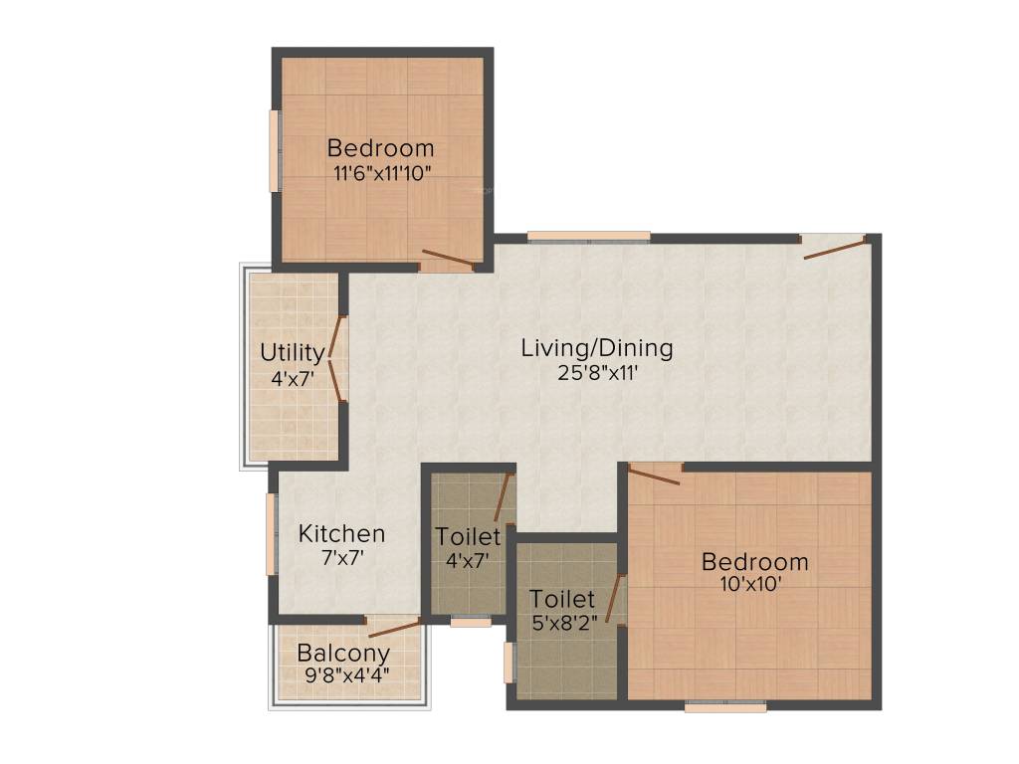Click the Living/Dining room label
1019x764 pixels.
coord(597,349)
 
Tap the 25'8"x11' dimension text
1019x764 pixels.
coord(597,374)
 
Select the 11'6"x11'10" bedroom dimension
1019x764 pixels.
coord(381,171)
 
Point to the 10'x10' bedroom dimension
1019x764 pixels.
coord(754,585)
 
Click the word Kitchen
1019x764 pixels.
coord(341,534)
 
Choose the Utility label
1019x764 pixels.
coord(292,353)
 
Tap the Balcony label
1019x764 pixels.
coord(343,655)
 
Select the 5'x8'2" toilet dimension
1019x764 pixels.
coord(562,623)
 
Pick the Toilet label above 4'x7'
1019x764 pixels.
coord(468,537)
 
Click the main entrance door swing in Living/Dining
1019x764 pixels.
coord(835,248)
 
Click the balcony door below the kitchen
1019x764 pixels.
coord(394,626)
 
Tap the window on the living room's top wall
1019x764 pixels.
coord(588,237)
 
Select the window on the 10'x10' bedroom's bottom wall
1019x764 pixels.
coord(725,706)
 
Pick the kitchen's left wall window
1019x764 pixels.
coord(271,534)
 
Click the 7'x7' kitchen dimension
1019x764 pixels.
coord(341,558)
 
